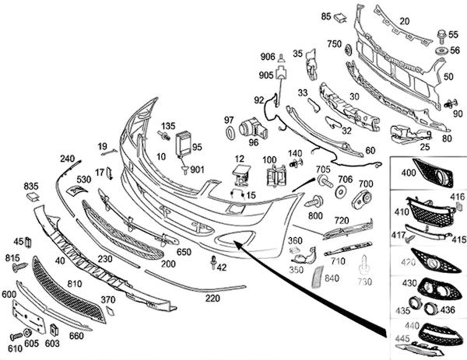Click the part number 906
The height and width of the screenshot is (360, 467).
pyautogui.click(x=267, y=56)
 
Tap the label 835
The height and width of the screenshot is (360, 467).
pyautogui.click(x=30, y=186)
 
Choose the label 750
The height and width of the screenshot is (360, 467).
pyautogui.click(x=335, y=44)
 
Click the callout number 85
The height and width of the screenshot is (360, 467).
pyautogui.click(x=326, y=16)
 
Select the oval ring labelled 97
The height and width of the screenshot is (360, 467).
pyautogui.click(x=230, y=133)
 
